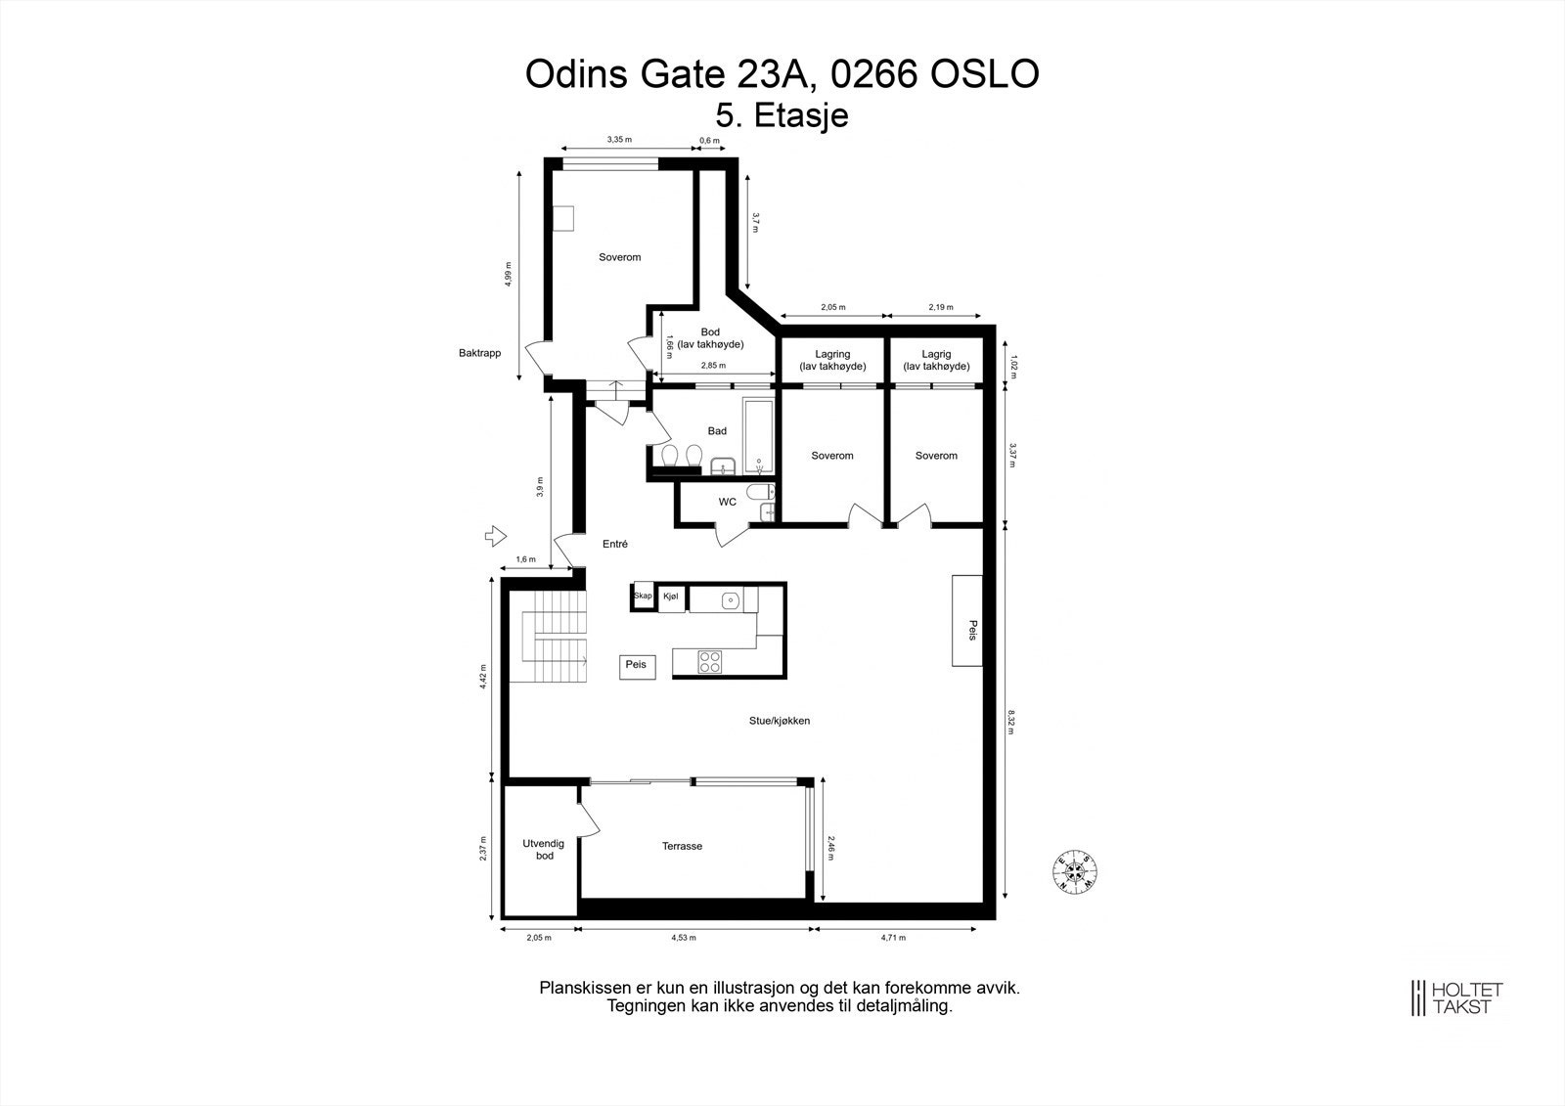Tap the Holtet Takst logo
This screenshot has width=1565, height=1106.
(x=1454, y=997)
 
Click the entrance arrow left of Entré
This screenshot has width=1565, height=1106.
(x=495, y=535)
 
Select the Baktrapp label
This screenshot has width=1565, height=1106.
(x=479, y=352)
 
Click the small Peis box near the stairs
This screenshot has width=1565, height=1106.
(x=636, y=665)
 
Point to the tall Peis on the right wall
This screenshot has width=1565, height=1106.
(x=967, y=620)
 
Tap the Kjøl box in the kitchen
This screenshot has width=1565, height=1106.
(x=671, y=597)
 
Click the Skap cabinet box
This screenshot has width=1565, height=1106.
(x=643, y=597)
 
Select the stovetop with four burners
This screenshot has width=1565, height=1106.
(x=710, y=662)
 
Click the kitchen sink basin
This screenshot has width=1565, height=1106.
(x=730, y=599)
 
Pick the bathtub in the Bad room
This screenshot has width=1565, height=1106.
(x=758, y=435)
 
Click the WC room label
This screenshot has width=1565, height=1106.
(x=727, y=503)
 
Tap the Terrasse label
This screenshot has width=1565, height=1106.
(x=682, y=846)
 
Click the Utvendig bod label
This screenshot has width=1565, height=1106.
(x=539, y=849)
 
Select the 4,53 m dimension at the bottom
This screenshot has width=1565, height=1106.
(x=684, y=938)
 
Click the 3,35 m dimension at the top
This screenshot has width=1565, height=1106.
(x=618, y=140)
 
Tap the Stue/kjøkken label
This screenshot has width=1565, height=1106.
(x=780, y=721)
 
